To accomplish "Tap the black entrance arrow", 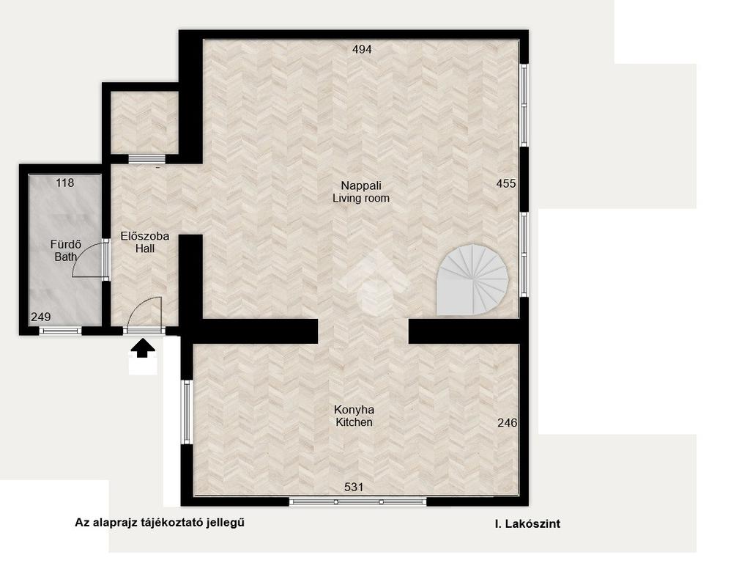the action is tap(143, 348).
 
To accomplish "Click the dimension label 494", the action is tap(362, 49).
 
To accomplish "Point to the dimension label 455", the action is tap(506, 183).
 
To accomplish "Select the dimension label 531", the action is tap(354, 487).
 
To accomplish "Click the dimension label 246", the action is tap(507, 423).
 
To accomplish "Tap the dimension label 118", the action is tap(65, 183).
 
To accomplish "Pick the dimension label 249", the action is tap(41, 317).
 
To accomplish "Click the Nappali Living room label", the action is tap(361, 192).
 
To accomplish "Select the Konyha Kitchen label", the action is tap(354, 416).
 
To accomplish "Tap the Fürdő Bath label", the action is tap(65, 251).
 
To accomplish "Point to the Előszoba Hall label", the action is tap(144, 242).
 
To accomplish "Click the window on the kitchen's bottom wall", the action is tap(357, 501).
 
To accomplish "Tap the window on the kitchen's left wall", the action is tap(187, 412).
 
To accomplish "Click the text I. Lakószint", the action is tap(527, 523).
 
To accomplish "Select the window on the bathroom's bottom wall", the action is tap(60, 331).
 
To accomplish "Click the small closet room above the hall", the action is tap(144, 122).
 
